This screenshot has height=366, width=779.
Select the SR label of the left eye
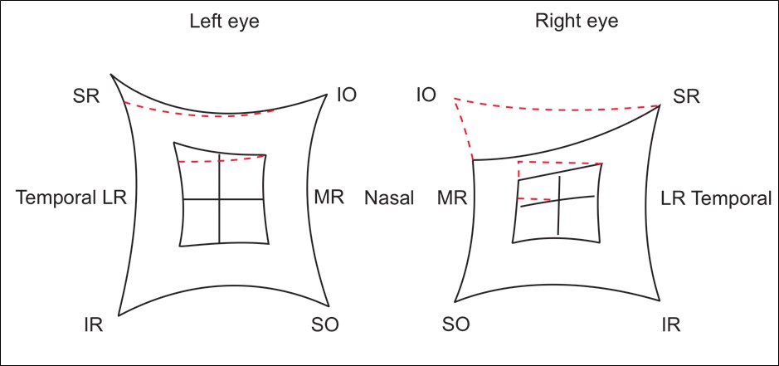click(x=86, y=97)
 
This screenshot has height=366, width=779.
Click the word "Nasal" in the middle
click(x=388, y=198)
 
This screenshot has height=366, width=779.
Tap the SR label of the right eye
click(x=687, y=97)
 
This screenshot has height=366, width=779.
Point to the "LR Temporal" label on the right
click(x=716, y=198)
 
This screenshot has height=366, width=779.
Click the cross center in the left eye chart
click(x=220, y=199)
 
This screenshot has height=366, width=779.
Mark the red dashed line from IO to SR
click(x=556, y=110)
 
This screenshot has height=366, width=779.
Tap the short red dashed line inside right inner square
click(x=534, y=199)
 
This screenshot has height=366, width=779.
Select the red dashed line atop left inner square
click(x=221, y=159)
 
